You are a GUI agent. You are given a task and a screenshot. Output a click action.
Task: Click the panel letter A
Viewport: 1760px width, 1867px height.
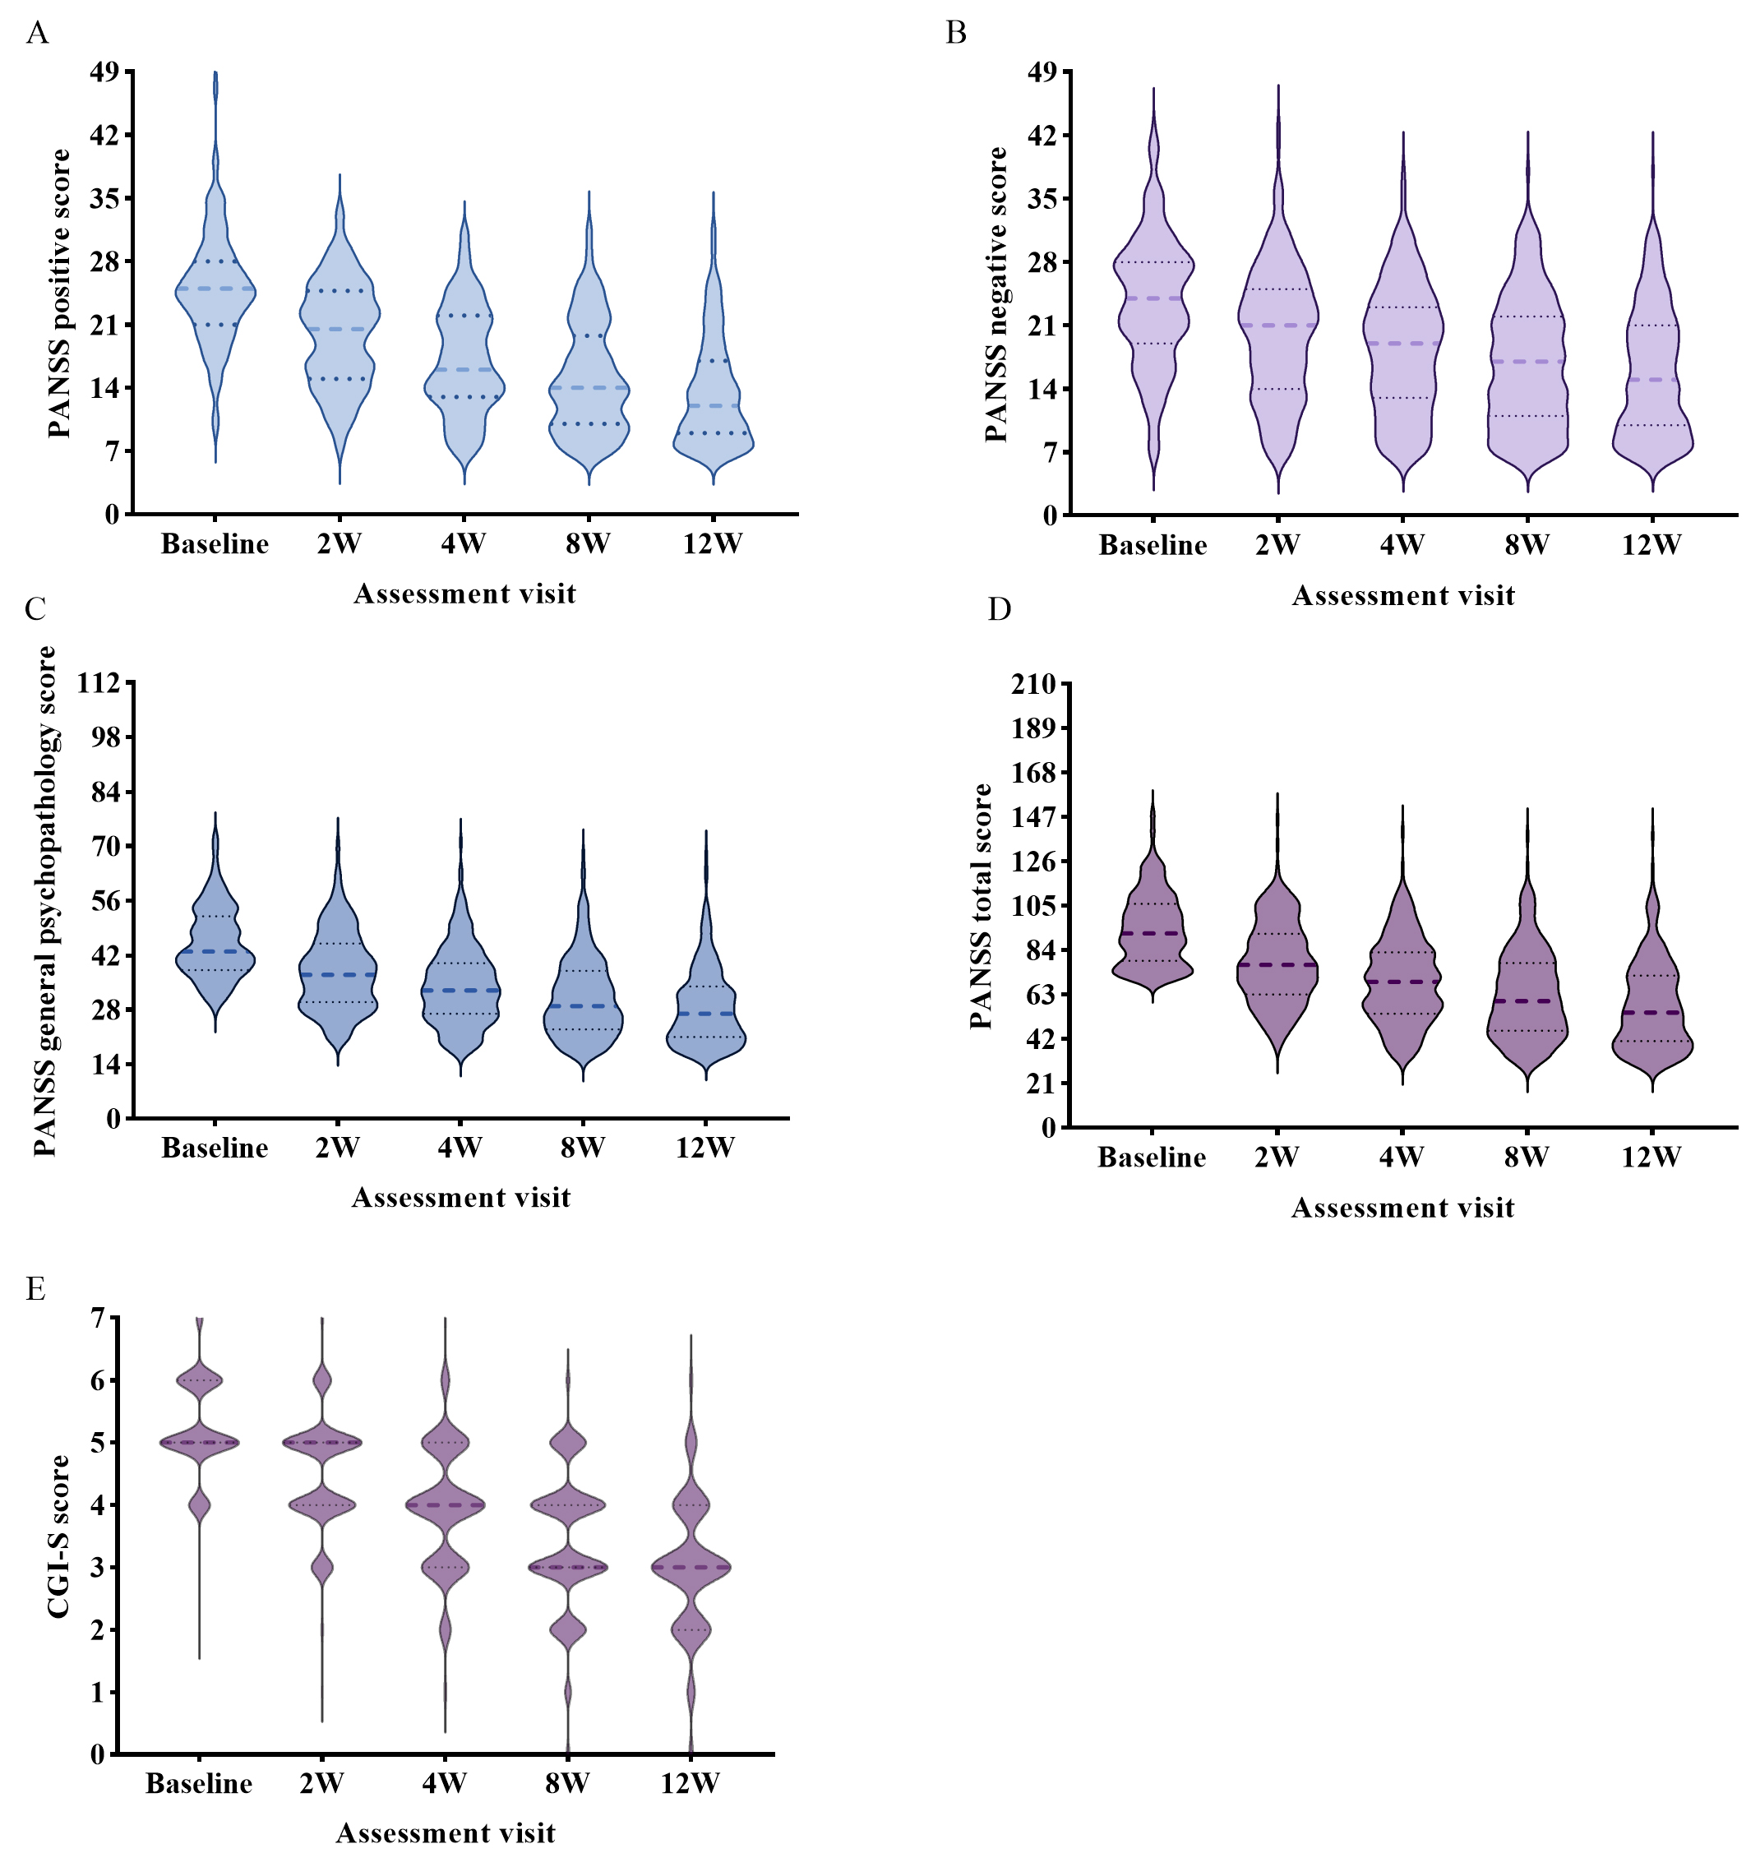[x=37, y=34]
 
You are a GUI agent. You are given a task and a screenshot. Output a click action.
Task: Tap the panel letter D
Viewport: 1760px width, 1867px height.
[x=1000, y=609]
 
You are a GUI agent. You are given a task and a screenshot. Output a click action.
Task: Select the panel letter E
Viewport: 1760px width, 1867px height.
[x=35, y=1288]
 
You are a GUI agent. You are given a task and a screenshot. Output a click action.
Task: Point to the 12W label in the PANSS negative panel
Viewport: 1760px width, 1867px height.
[x=1651, y=545]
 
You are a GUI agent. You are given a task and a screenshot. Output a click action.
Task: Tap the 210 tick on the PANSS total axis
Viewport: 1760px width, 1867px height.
[x=1033, y=684]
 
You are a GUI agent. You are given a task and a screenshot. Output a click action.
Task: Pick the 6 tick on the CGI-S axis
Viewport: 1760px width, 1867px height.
[x=98, y=1380]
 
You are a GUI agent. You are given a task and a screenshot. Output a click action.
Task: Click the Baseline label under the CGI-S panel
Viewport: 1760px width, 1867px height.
[x=199, y=1783]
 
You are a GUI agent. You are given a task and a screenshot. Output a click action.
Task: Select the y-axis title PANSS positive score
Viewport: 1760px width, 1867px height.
[x=59, y=293]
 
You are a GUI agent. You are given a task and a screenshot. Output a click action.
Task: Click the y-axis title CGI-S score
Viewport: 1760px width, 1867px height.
[x=59, y=1537]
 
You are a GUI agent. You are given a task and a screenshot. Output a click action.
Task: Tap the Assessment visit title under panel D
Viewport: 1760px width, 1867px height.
[x=1402, y=1208]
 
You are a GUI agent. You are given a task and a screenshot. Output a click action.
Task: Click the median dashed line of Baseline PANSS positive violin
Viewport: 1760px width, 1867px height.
[x=215, y=289]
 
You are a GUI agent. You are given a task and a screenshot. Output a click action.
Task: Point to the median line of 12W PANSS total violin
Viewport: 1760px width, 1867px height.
[x=1651, y=1012]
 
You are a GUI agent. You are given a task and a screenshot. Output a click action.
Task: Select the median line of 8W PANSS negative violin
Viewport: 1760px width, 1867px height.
[x=1527, y=362]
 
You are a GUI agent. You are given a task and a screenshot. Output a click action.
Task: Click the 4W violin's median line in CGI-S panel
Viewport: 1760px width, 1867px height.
[x=444, y=1505]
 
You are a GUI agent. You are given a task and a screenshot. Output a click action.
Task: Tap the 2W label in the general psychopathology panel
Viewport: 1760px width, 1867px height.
[x=337, y=1148]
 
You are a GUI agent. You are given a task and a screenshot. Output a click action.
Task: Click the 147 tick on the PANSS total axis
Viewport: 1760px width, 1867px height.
[x=1033, y=817]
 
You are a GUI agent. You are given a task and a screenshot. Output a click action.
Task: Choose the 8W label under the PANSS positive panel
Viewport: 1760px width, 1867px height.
[x=588, y=543]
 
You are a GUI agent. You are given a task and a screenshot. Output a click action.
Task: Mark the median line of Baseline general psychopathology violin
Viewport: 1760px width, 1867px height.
[x=215, y=951]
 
